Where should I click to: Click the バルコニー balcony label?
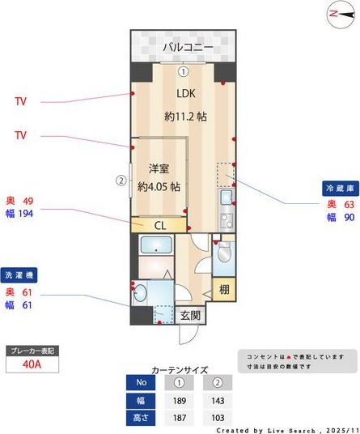click(x=188, y=48)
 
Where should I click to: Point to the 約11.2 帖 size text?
click(x=185, y=116)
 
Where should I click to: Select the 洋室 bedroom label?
click(x=159, y=168)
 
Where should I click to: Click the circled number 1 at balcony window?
click(x=184, y=71)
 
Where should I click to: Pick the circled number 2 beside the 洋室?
click(x=121, y=181)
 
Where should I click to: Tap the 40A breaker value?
click(x=32, y=365)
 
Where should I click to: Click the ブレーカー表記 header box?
click(x=32, y=351)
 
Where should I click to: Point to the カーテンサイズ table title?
click(x=179, y=368)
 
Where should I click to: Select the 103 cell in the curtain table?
click(x=217, y=418)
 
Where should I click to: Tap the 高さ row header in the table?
click(x=142, y=418)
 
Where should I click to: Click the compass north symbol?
click(x=337, y=14)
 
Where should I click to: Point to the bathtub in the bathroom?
click(x=155, y=246)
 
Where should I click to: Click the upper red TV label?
click(x=21, y=103)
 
